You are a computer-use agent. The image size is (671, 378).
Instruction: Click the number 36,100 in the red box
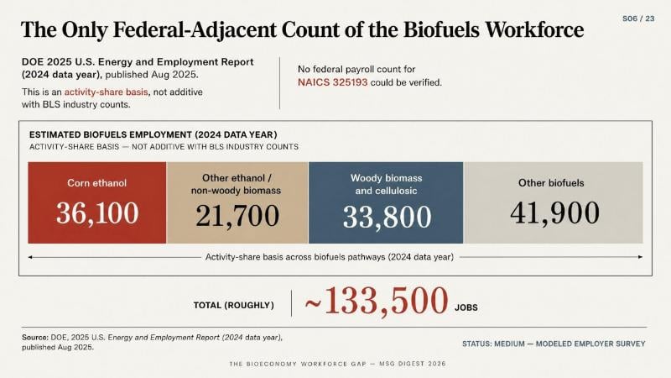point(97,213)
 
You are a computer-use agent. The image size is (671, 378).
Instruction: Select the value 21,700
point(237,216)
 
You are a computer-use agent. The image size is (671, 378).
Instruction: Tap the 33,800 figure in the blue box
point(387,217)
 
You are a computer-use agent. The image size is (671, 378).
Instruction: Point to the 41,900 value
point(554,213)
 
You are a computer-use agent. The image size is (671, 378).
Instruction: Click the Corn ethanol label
point(96,183)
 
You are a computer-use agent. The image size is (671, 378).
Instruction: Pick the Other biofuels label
point(551,183)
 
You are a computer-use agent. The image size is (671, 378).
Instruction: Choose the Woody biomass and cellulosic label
point(386,184)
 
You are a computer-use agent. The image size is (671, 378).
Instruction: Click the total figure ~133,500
point(377,301)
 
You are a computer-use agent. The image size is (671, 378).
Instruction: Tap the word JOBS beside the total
point(466,307)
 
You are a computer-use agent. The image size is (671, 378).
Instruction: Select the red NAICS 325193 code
point(332,82)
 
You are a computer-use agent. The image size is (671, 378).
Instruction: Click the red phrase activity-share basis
point(107,92)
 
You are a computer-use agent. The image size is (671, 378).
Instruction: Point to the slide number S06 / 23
point(638,18)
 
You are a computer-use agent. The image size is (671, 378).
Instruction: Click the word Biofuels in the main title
point(441,29)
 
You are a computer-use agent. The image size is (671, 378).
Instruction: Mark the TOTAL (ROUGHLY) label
point(234,305)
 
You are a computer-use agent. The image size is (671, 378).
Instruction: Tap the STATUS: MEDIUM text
point(493,344)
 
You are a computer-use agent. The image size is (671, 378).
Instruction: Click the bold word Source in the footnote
point(35,338)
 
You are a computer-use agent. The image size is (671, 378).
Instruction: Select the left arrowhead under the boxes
point(30,257)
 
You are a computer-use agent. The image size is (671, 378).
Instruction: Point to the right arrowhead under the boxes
point(640,257)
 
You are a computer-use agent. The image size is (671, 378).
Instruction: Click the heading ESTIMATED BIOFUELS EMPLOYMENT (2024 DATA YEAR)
point(153,134)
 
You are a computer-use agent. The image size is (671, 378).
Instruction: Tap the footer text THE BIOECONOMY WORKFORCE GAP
point(298,364)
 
